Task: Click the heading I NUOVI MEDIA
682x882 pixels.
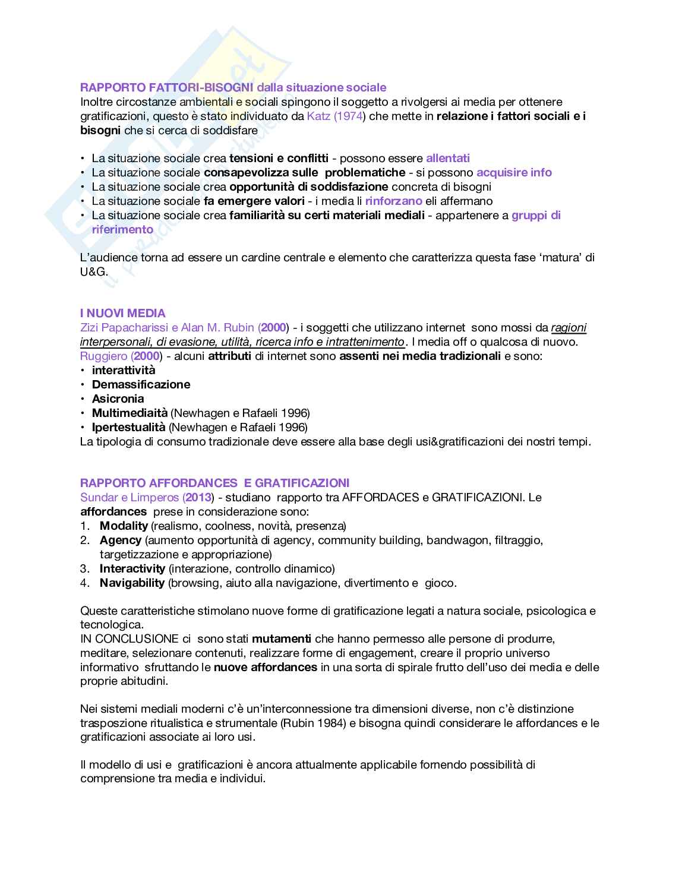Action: pyautogui.click(x=123, y=313)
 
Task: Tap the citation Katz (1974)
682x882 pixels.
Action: pyautogui.click(x=334, y=116)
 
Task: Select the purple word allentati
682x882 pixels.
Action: pyautogui.click(x=447, y=158)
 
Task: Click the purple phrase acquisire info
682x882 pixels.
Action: pyautogui.click(x=514, y=172)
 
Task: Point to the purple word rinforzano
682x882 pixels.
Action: pyautogui.click(x=393, y=201)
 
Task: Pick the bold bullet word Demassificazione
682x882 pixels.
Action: pyautogui.click(x=141, y=384)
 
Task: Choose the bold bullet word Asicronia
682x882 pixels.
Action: pyautogui.click(x=118, y=399)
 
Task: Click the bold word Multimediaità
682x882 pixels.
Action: pyautogui.click(x=130, y=413)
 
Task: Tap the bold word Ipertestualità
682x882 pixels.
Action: pyautogui.click(x=128, y=427)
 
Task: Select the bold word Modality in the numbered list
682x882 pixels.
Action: pyautogui.click(x=124, y=526)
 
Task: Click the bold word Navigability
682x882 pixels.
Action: pyautogui.click(x=132, y=583)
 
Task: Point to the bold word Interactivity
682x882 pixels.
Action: pyautogui.click(x=132, y=568)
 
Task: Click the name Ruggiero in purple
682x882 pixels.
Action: pyautogui.click(x=104, y=356)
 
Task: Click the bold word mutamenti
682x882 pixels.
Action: pyautogui.click(x=282, y=639)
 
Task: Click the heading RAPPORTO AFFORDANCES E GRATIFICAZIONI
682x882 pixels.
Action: pyautogui.click(x=214, y=482)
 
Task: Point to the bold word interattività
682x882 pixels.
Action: pyautogui.click(x=124, y=370)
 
